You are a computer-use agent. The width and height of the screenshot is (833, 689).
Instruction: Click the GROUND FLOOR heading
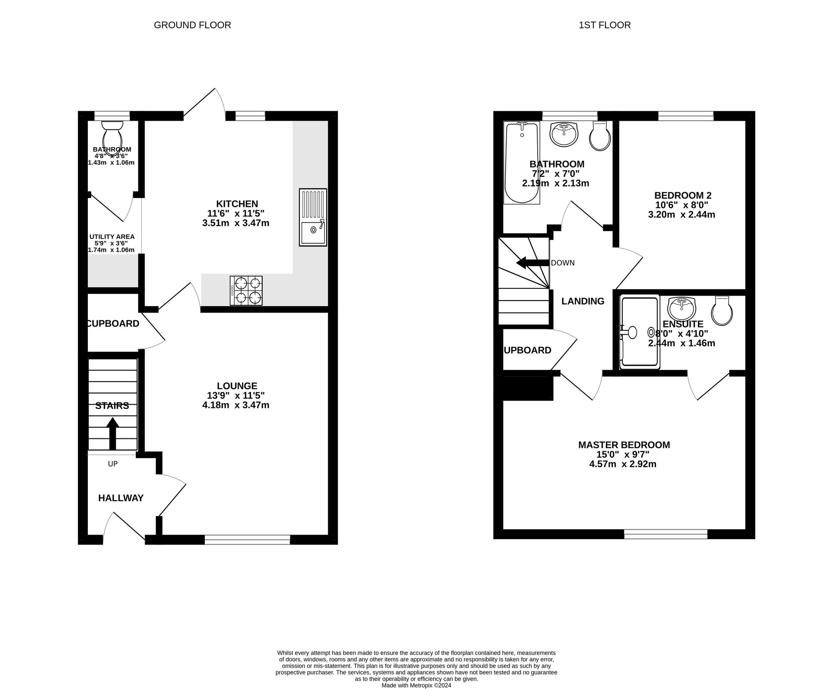click(192, 25)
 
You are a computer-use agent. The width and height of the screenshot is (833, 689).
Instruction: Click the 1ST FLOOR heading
click(605, 25)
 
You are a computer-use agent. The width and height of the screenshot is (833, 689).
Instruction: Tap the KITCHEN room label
click(237, 204)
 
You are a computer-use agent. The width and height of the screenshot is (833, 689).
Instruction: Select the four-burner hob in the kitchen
click(246, 291)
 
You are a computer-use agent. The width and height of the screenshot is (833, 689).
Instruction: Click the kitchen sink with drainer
click(313, 217)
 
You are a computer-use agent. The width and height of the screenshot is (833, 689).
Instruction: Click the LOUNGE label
click(237, 386)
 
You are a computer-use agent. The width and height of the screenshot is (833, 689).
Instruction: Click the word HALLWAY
click(121, 498)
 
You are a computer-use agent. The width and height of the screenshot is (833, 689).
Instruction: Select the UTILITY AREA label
click(112, 237)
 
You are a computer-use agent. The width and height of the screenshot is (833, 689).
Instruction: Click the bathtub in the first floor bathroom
click(521, 163)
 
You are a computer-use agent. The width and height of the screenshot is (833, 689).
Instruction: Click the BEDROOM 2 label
click(683, 195)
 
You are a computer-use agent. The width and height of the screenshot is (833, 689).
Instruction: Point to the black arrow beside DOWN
click(532, 263)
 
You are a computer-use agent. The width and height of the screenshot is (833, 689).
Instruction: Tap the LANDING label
click(583, 301)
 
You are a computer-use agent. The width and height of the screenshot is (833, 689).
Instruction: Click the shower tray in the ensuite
click(640, 332)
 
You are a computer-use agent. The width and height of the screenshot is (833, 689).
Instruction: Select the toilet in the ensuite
click(722, 311)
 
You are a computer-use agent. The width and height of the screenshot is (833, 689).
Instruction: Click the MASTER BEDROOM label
click(624, 445)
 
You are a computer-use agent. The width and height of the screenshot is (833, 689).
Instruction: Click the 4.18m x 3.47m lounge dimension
click(236, 405)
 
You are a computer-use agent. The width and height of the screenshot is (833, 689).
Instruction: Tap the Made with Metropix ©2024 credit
click(416, 685)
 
